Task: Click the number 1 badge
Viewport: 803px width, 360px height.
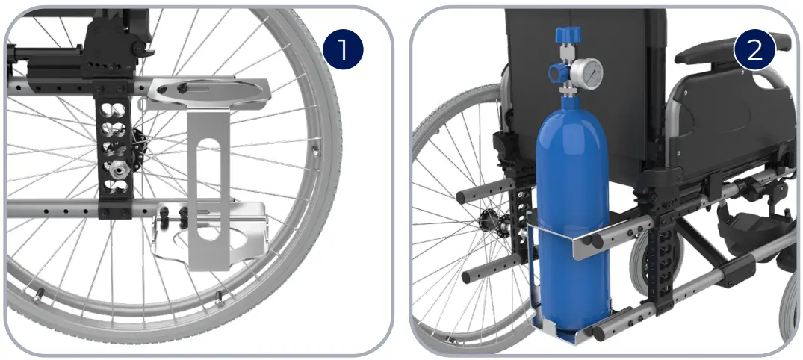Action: [343, 51]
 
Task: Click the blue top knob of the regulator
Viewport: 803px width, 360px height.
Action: [567, 35]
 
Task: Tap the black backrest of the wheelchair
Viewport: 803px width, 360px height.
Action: [598, 45]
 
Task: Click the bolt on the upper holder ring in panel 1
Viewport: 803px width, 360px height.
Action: [182, 90]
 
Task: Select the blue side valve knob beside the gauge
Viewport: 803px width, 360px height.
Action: [556, 72]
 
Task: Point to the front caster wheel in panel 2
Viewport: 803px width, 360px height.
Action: [789, 314]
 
